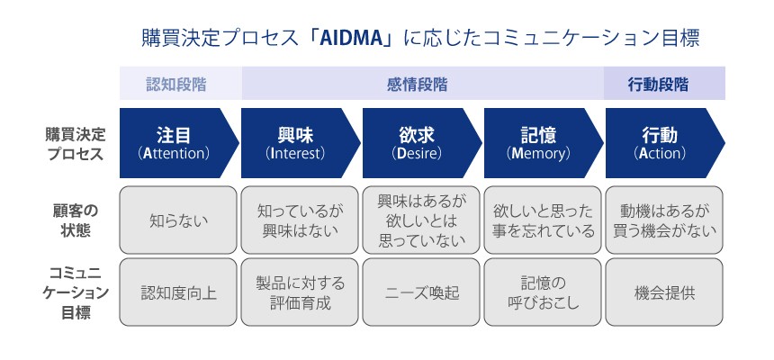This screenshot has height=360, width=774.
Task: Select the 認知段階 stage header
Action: pyautogui.click(x=176, y=85)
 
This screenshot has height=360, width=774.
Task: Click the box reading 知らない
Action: pyautogui.click(x=177, y=219)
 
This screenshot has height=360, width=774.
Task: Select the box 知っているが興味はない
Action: pyautogui.click(x=299, y=219)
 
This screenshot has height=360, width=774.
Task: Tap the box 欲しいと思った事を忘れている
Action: pyautogui.click(x=542, y=219)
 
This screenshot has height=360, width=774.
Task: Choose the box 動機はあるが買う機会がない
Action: pyautogui.click(x=663, y=219)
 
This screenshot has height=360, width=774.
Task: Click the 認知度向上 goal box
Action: pyautogui.click(x=177, y=292)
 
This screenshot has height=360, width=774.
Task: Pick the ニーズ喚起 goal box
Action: pyautogui.click(x=420, y=292)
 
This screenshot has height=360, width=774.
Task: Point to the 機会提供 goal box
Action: pyautogui.click(x=663, y=292)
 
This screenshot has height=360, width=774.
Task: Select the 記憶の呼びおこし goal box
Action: pyautogui.click(x=542, y=292)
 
